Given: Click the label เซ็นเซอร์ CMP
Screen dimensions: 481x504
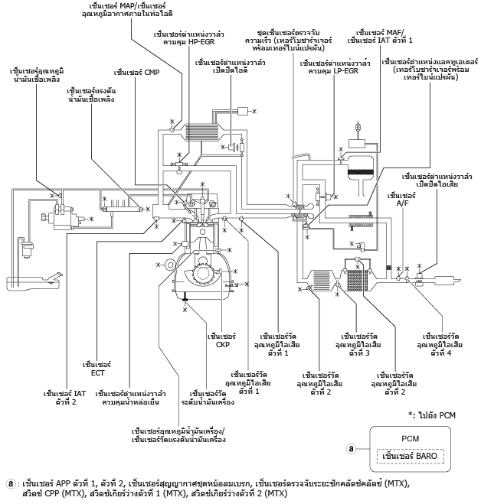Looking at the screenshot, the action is [136, 73].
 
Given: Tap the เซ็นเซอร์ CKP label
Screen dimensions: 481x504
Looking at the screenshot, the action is [222, 340].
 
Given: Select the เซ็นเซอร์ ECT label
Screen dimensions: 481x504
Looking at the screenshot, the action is [97, 369].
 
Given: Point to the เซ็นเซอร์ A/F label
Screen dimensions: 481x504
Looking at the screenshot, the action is [401, 199].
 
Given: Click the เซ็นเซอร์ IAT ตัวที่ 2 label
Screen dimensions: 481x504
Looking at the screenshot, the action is [65, 398].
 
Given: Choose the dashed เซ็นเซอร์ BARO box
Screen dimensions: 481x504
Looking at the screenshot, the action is [411, 456].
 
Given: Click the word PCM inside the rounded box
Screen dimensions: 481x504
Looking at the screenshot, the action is [411, 438].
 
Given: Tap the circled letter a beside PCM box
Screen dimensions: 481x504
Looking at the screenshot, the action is [352, 448].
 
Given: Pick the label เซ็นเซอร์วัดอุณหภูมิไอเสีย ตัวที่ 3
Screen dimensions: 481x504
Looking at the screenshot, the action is [358, 345].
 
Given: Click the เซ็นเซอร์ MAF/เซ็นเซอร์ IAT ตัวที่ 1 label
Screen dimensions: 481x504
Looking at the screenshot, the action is [380, 37].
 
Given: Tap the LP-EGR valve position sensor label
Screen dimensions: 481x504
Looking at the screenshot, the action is [335, 67].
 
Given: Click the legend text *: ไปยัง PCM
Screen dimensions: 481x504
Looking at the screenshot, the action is [432, 415].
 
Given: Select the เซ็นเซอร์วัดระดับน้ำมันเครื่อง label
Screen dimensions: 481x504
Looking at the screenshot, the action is [208, 398].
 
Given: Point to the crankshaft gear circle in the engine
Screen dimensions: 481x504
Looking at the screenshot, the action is [202, 273].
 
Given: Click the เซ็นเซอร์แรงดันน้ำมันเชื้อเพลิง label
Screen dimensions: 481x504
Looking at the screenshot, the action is [91, 95].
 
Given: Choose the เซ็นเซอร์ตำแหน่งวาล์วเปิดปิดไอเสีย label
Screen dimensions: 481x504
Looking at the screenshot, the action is [437, 180].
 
